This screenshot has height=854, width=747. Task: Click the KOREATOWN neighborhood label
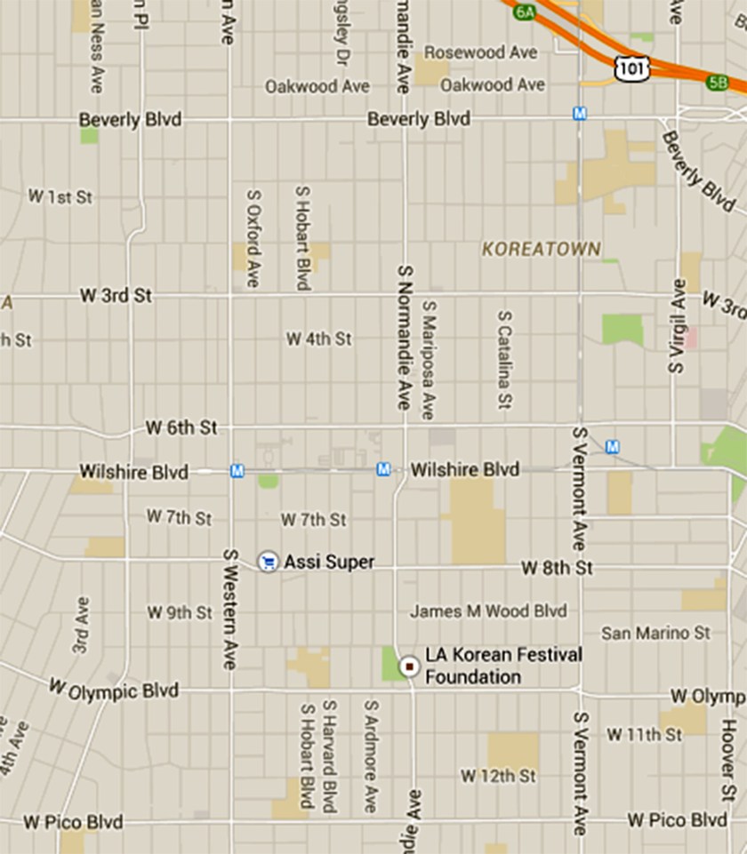coord(542,250)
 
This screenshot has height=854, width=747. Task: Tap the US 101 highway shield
coord(631,66)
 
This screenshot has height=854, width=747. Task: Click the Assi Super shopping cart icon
coord(267,562)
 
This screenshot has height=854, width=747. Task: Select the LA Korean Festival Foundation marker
coord(409,666)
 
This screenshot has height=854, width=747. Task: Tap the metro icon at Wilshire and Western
coord(237,471)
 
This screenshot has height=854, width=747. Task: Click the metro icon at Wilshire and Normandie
coord(383,468)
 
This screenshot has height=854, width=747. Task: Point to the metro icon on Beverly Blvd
coord(580,114)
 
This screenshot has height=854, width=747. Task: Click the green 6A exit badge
coord(525,11)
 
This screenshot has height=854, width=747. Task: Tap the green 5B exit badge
coord(717,83)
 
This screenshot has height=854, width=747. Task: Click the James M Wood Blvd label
coord(488,611)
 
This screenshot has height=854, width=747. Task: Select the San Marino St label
coord(656,634)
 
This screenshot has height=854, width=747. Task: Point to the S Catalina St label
coord(505,360)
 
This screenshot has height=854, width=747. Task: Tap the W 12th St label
coord(498,776)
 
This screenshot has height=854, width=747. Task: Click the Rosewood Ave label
coord(480,52)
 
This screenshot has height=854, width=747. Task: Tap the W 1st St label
coord(60,196)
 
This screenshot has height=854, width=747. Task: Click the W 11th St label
coord(644,734)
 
